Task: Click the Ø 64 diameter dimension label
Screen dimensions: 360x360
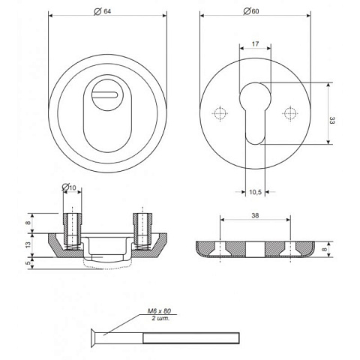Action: click(x=102, y=11)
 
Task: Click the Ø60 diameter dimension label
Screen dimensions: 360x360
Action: click(x=251, y=11)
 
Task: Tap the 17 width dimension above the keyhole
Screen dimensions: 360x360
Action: click(x=255, y=44)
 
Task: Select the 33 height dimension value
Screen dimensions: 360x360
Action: click(x=331, y=121)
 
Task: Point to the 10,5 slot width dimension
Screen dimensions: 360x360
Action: click(x=255, y=192)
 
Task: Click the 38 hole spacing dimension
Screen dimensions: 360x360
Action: click(x=255, y=215)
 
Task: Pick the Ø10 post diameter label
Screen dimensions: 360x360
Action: click(x=69, y=187)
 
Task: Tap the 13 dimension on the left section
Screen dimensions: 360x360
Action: click(x=28, y=244)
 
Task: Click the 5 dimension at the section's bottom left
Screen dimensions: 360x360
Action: click(x=28, y=262)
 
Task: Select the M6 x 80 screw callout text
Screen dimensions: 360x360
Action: click(x=159, y=311)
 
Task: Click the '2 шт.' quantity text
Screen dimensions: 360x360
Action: click(x=160, y=318)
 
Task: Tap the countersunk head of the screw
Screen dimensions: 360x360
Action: click(x=95, y=338)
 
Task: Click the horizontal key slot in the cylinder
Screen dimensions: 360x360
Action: click(x=105, y=94)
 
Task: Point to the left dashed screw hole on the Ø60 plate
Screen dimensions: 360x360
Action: click(x=220, y=113)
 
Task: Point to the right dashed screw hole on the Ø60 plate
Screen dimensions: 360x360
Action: click(x=290, y=113)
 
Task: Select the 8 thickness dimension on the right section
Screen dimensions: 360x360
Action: click(x=324, y=249)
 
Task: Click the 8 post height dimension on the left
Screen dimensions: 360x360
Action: click(x=28, y=223)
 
